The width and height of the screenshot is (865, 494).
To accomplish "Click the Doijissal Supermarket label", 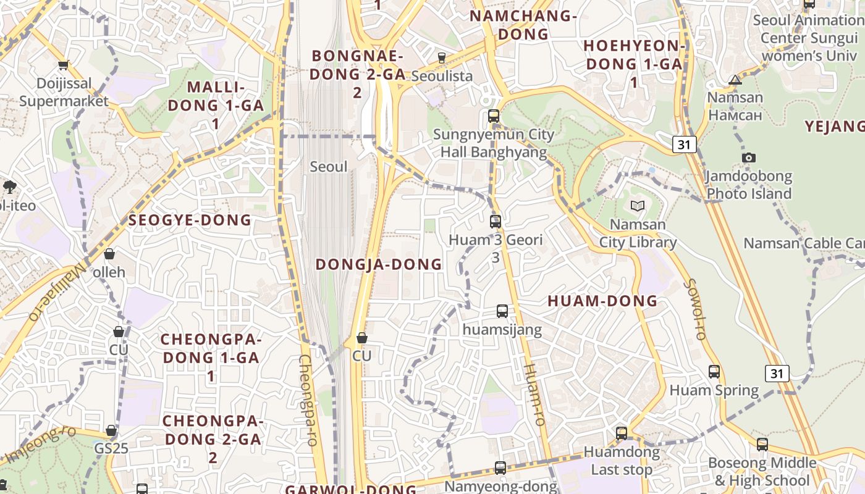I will (x=64, y=92).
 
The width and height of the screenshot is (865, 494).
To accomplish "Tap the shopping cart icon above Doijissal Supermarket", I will (x=63, y=65).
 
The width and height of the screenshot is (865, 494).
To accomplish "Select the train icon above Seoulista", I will (x=441, y=59).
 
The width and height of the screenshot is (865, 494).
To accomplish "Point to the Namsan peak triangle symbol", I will (x=735, y=80).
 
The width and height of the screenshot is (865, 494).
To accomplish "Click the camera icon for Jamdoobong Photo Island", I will (x=749, y=158).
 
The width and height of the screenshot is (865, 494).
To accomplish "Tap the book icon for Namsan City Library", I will (x=637, y=206).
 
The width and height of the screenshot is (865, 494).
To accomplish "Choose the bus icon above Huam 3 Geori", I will (x=495, y=222).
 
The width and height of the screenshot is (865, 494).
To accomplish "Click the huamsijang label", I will (x=502, y=330).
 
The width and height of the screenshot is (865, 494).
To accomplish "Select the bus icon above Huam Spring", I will (x=714, y=372).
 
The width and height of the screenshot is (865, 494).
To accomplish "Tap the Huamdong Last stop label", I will (x=622, y=461).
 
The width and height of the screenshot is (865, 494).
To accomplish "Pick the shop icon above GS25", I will (x=111, y=430).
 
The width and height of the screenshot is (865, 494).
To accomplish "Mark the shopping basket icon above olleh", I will (x=109, y=254).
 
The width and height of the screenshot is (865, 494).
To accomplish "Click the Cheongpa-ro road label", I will (x=308, y=400).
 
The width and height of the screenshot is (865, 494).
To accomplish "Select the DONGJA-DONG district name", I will (x=379, y=264).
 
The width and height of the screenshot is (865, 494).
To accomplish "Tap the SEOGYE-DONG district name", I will (x=190, y=220).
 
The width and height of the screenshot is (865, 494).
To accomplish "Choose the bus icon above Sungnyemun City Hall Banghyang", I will (x=493, y=115).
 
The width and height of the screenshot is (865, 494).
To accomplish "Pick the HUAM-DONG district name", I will (x=602, y=301).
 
